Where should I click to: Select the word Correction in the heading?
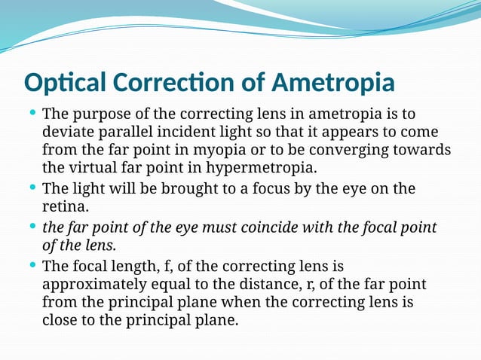[x=169, y=81]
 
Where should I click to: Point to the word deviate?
[x=69, y=133]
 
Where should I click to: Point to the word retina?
[x=64, y=206]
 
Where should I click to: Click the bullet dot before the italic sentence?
[x=32, y=226]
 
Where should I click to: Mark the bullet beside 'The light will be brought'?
[x=32, y=187]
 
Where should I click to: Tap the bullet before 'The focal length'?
[x=32, y=264]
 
